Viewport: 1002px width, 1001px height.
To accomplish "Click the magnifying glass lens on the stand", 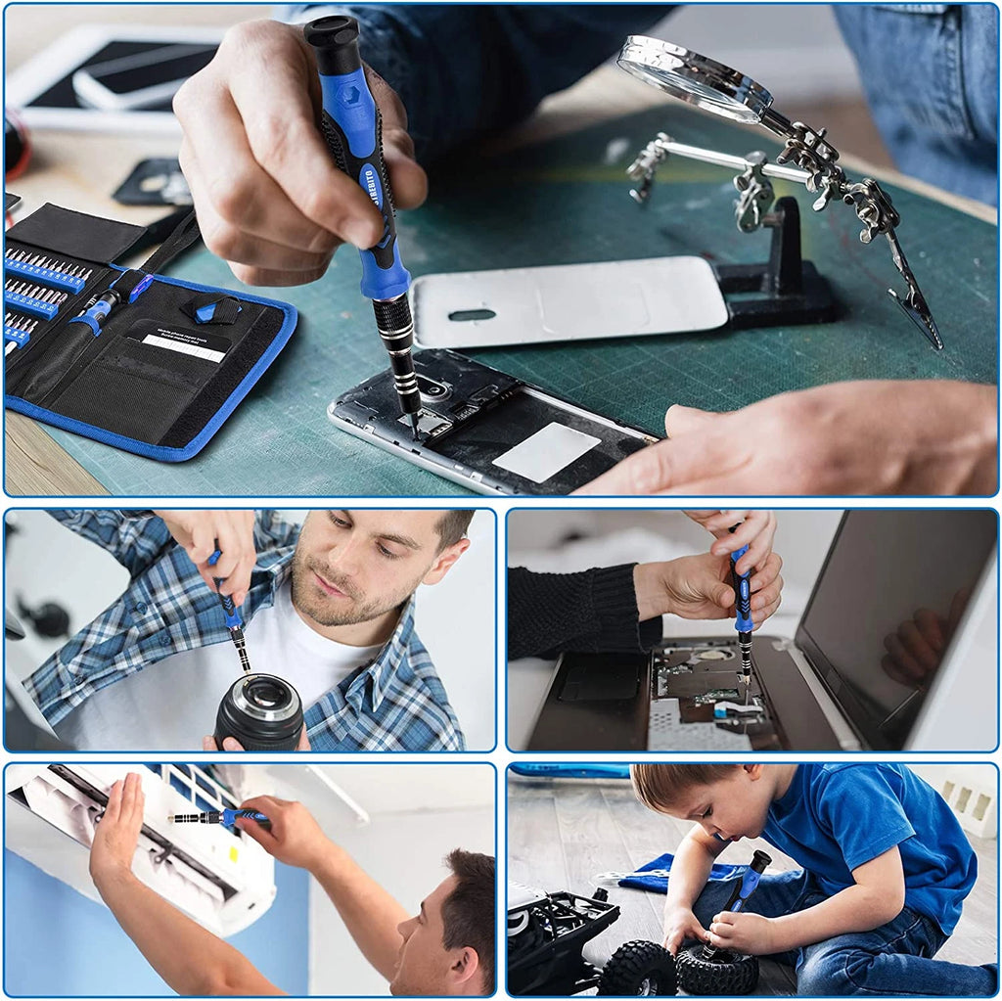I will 693,77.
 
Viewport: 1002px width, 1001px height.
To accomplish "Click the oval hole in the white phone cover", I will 472,315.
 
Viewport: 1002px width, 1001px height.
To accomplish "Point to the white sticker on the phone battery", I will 546,451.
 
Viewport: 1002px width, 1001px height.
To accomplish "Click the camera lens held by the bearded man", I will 259,710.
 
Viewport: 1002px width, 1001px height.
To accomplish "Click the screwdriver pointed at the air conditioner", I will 221,817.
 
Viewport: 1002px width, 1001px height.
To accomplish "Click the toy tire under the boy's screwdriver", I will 716,969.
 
